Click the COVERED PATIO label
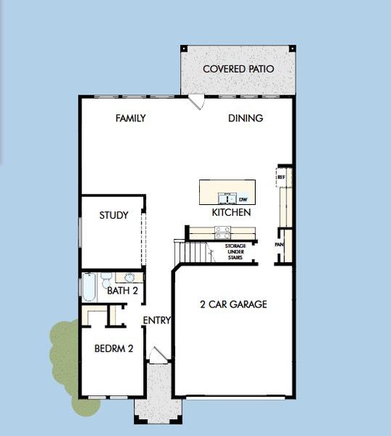[238, 69]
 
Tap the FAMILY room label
[131, 118]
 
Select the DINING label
[246, 118]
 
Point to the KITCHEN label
[231, 212]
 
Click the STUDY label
[114, 215]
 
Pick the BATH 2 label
[123, 291]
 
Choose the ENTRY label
[156, 320]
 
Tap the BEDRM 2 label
[113, 349]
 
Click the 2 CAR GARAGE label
[233, 304]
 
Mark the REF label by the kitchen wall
[280, 177]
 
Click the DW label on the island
[243, 198]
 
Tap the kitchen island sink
[227, 198]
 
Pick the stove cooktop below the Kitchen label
[223, 233]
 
